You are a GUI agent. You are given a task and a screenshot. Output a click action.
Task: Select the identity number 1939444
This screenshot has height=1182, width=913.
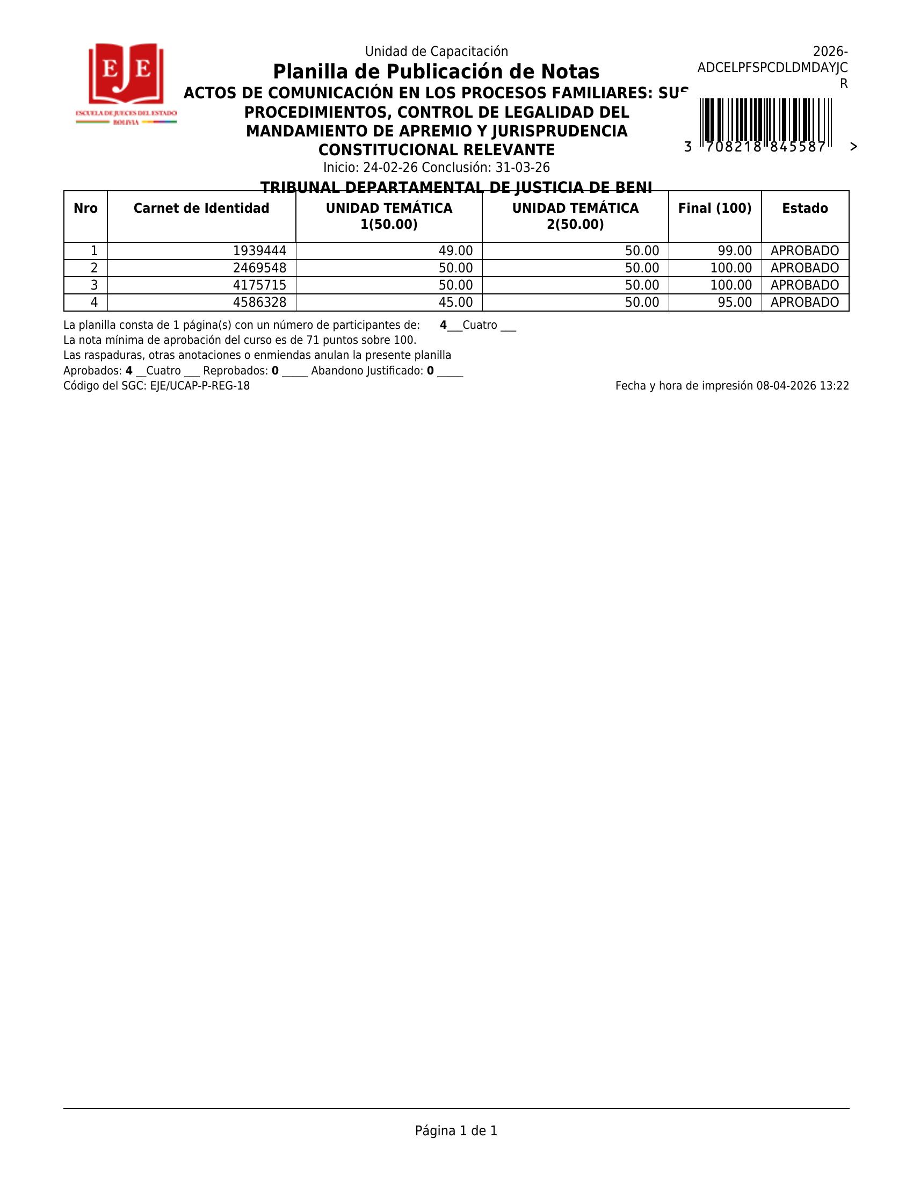coord(259,251)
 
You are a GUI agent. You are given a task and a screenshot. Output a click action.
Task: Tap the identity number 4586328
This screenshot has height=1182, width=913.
coord(259,302)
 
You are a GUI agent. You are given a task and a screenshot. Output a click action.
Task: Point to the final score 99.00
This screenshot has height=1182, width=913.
coord(734,251)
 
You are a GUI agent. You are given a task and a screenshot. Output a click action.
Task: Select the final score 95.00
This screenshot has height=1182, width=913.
coord(734,302)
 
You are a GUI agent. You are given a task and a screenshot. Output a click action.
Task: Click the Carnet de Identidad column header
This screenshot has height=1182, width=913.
coord(201,208)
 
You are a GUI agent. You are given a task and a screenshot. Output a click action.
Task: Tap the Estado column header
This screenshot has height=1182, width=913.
coord(805,208)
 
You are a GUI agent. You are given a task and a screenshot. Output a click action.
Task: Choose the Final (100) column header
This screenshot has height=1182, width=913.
coord(714,208)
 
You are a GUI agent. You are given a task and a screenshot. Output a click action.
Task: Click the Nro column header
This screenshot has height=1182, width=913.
coord(85,208)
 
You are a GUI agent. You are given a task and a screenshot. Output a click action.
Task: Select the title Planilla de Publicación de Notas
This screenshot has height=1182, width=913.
coord(436,72)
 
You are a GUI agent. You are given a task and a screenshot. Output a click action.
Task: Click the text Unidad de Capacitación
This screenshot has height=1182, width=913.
coord(436,52)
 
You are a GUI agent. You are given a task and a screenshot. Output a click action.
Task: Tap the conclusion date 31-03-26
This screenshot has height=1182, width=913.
coord(523,167)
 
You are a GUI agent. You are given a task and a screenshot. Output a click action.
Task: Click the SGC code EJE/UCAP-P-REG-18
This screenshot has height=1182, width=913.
coord(200,386)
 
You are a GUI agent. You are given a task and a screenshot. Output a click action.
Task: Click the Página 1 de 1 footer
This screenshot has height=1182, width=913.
coord(456,1130)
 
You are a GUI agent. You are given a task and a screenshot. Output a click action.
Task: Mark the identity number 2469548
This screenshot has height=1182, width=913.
coord(259,268)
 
